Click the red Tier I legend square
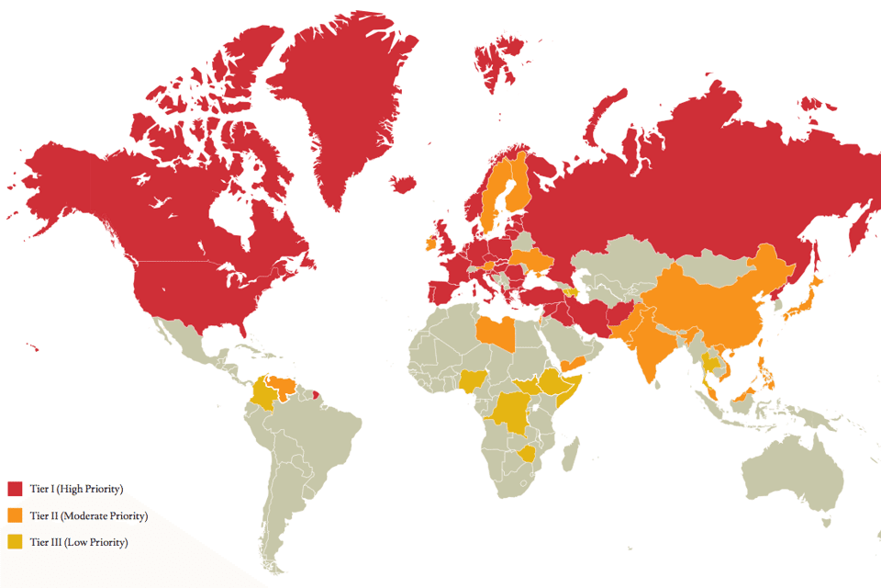(15, 489)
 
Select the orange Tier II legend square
(15, 515)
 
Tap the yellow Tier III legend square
(15, 542)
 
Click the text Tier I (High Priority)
(76, 489)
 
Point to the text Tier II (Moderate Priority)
(88, 515)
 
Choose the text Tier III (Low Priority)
(78, 542)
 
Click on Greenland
(344, 101)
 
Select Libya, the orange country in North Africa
(496, 334)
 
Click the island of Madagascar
(571, 454)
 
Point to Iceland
(401, 184)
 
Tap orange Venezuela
(285, 385)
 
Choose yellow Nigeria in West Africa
(474, 380)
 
